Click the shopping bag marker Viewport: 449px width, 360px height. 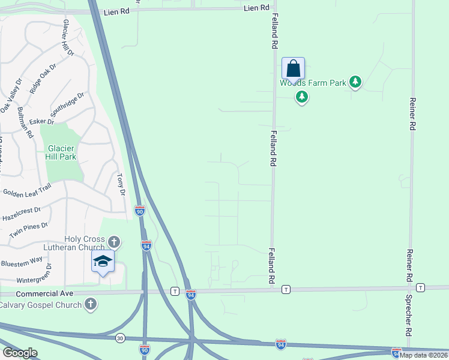pos(293,68)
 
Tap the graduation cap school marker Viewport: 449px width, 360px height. pos(103,261)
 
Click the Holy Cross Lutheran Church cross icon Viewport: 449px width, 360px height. pos(114,242)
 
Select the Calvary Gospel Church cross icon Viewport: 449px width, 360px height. pos(91,304)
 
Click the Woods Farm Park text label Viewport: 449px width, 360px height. pos(313,83)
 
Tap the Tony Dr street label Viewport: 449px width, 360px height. pos(120,184)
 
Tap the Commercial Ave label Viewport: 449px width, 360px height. pos(44,293)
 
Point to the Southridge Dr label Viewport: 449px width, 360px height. pos(67,106)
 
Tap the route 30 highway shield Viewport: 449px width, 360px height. pos(121,338)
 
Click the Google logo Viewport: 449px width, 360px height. pos(20,352)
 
